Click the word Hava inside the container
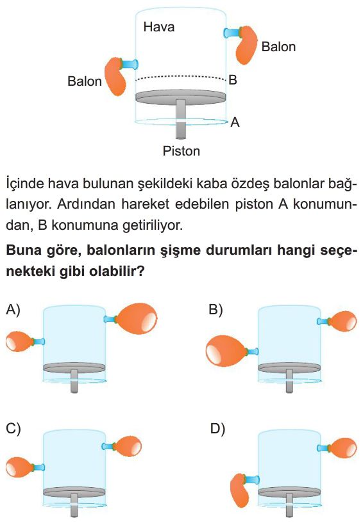(159, 27)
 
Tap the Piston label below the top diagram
(181, 151)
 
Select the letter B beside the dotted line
(233, 80)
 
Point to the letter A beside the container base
(235, 122)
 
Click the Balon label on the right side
(278, 47)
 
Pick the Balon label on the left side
(84, 81)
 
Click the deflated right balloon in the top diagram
(246, 44)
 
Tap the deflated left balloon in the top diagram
(115, 77)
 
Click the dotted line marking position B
(180, 77)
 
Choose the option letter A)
(13, 309)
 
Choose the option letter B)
(215, 309)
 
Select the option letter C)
(13, 428)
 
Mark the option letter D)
(217, 428)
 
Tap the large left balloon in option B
(226, 351)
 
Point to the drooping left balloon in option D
(240, 490)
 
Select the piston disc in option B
(289, 368)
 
